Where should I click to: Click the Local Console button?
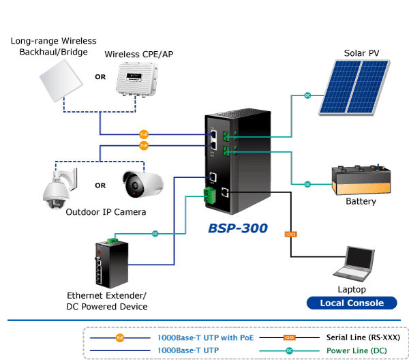[352, 303]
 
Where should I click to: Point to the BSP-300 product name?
[238, 228]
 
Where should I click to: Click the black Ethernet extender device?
[111, 262]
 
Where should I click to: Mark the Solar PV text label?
[361, 53]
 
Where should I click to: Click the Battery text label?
[361, 202]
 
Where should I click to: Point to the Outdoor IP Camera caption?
[106, 212]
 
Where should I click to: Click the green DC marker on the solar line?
[307, 95]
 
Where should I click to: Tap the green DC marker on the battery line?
[307, 184]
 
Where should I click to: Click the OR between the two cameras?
[100, 185]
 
